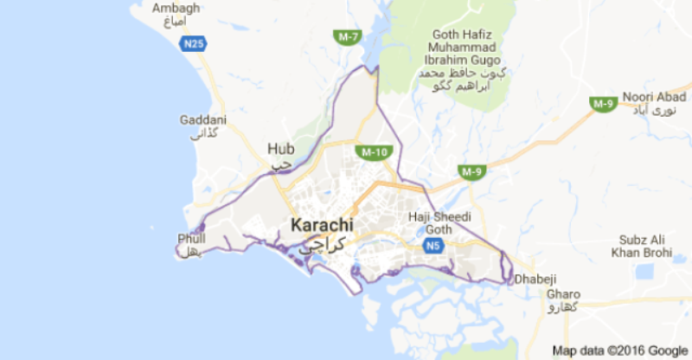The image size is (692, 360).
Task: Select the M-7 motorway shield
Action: [x=348, y=35]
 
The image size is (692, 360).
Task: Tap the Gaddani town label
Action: [x=202, y=119]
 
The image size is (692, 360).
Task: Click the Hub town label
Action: [x=280, y=148]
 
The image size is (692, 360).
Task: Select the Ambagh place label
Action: [x=176, y=8]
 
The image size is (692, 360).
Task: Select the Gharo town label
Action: [x=563, y=293]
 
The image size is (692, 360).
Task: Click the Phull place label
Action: [x=191, y=238]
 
